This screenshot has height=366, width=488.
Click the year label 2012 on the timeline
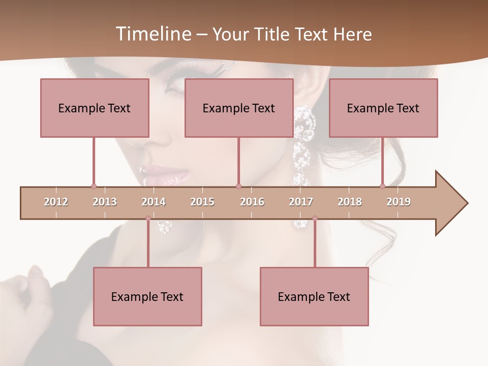(56, 202)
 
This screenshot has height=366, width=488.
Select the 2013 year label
(105, 202)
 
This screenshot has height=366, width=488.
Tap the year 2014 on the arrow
(154, 202)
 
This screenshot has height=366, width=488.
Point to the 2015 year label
(202, 202)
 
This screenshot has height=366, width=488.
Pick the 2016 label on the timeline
(252, 202)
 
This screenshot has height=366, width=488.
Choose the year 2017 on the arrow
(301, 202)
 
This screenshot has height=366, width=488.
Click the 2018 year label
(350, 202)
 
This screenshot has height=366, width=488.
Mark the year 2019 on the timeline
(399, 202)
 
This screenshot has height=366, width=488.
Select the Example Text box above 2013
(95, 108)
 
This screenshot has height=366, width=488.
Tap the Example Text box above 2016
(239, 108)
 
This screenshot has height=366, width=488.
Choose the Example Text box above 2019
(383, 108)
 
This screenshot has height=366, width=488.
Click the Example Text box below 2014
(147, 296)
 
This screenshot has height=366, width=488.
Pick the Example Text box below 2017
(314, 296)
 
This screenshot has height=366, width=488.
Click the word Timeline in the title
(152, 34)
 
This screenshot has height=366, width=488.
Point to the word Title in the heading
(274, 34)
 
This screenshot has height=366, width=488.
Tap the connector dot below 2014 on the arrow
(148, 218)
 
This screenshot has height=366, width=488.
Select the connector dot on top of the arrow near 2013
(94, 186)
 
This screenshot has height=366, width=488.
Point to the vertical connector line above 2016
(238, 161)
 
